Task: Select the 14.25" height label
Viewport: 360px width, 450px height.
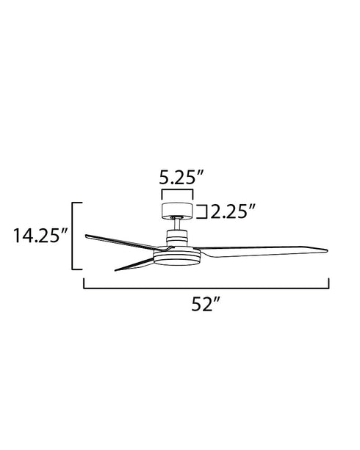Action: pos(40,236)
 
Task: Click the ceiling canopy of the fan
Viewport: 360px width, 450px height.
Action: pos(176,210)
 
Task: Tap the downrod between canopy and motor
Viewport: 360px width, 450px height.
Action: pos(176,224)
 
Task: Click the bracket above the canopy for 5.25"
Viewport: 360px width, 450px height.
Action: pos(176,193)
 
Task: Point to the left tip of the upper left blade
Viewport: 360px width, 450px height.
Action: pos(87,236)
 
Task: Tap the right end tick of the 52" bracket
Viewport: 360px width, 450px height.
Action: pos(328,283)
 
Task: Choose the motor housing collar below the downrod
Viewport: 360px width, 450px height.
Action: pos(176,236)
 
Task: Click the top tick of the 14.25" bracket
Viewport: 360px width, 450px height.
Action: pos(76,202)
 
